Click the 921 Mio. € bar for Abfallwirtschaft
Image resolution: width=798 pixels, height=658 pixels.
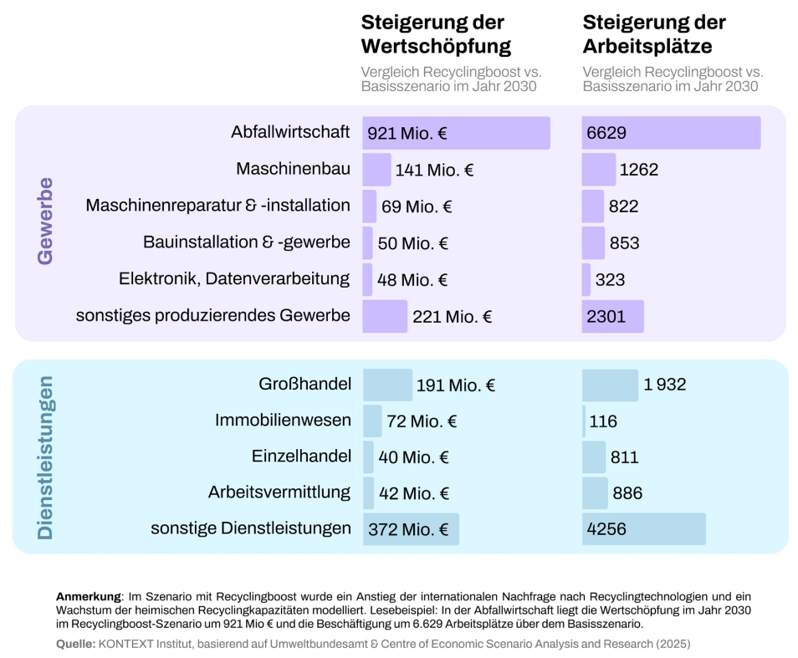click(456, 133)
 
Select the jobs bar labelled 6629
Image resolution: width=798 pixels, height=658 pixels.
click(671, 133)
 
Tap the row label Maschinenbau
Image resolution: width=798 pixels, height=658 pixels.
click(293, 169)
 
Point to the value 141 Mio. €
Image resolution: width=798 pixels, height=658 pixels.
click(434, 170)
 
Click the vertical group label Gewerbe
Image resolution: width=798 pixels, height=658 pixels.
click(46, 221)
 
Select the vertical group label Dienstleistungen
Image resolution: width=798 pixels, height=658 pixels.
click(46, 457)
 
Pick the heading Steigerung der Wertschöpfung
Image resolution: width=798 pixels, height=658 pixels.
click(435, 33)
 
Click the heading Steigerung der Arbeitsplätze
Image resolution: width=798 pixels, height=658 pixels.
click(654, 33)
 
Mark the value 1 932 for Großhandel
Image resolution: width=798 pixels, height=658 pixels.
click(664, 385)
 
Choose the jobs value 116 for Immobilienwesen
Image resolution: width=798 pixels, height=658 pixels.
click(603, 421)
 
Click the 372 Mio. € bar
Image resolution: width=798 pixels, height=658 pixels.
click(411, 529)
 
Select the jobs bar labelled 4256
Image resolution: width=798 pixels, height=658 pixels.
click(643, 529)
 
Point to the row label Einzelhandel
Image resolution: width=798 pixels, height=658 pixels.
click(301, 457)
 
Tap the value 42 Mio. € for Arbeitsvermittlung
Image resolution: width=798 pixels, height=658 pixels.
click(414, 493)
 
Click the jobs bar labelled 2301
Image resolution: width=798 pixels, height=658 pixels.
click(612, 317)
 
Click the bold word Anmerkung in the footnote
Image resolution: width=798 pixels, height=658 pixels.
click(89, 597)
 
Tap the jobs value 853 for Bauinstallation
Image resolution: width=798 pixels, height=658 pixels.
click(624, 243)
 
